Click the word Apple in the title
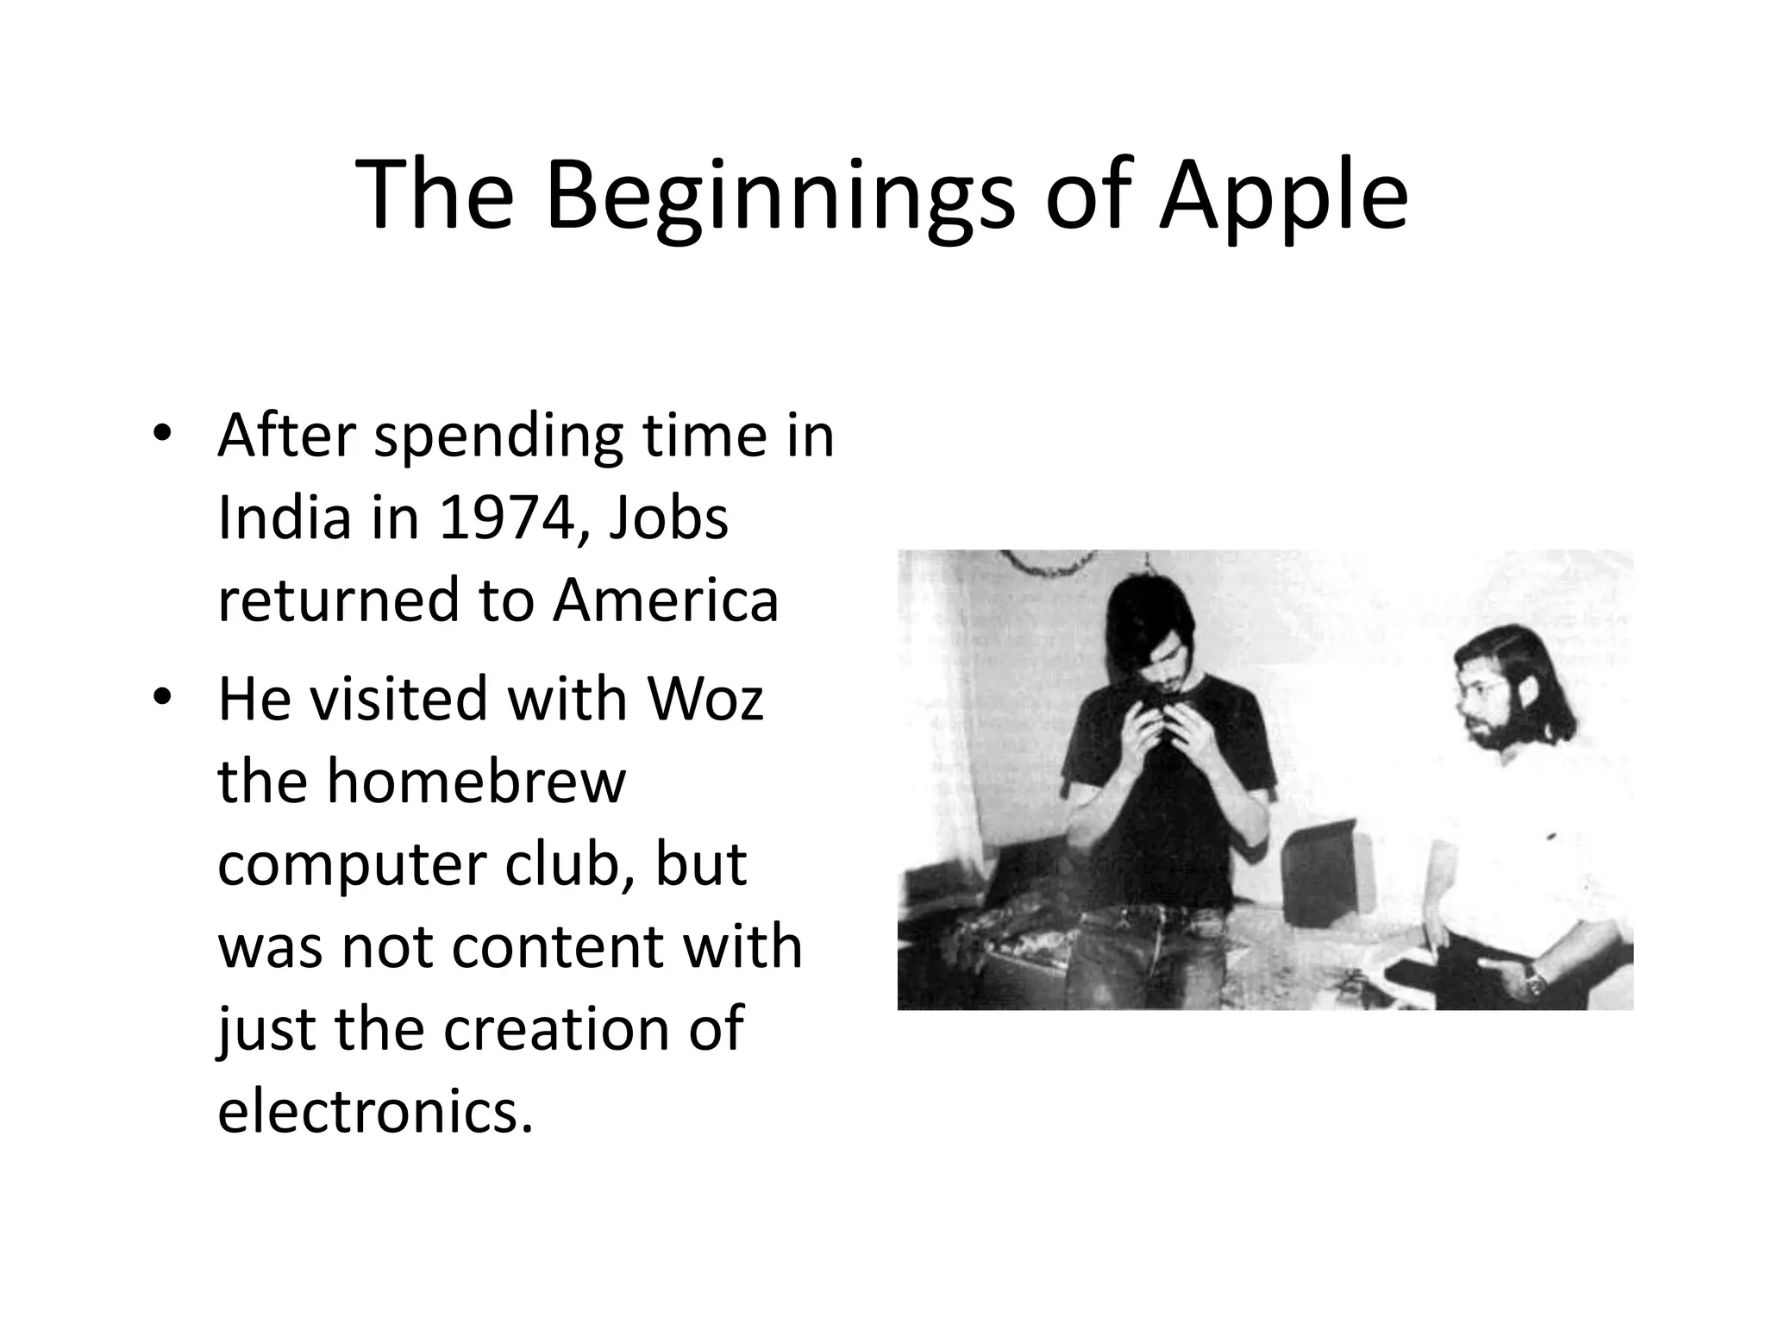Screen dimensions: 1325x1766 pos(1283,197)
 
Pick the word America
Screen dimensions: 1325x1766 pos(666,600)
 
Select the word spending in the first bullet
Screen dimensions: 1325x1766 pos(498,436)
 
